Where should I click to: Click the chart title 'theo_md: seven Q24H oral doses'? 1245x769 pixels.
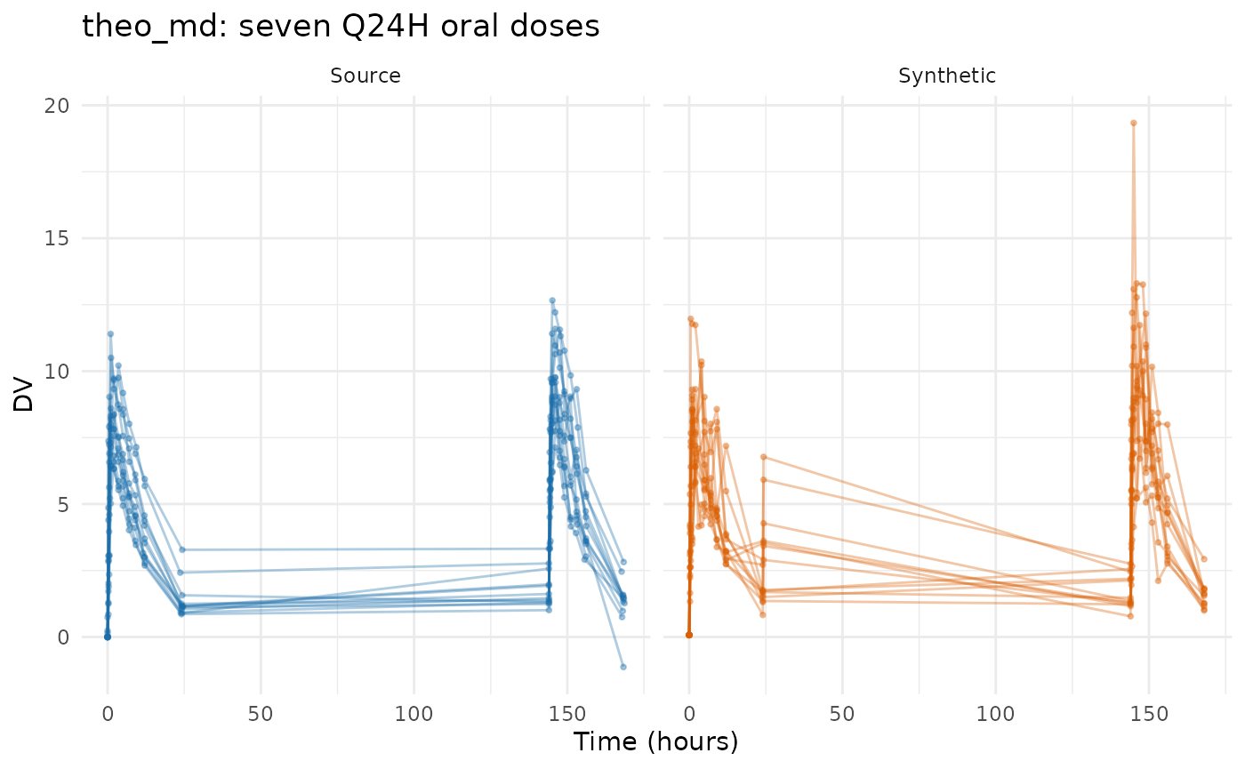click(x=341, y=26)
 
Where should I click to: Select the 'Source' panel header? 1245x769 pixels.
click(x=365, y=76)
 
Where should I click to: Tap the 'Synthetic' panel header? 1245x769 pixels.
click(x=946, y=76)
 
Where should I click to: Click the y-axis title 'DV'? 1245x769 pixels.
click(x=23, y=394)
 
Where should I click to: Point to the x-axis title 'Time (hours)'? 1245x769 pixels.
click(x=656, y=742)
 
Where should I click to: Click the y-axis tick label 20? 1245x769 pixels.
click(x=57, y=106)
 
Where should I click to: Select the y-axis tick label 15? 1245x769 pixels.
click(x=57, y=238)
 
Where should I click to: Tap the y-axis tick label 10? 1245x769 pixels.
click(x=57, y=372)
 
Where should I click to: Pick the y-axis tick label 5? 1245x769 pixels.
click(x=63, y=505)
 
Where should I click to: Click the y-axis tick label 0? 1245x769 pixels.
click(x=63, y=637)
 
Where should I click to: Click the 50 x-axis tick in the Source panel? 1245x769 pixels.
click(x=261, y=714)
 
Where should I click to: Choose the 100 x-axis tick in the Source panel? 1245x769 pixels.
click(x=414, y=714)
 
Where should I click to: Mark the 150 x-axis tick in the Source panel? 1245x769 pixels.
click(x=567, y=714)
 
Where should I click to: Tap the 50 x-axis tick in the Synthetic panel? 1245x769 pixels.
click(x=842, y=714)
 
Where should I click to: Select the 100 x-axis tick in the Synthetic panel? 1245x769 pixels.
click(x=995, y=714)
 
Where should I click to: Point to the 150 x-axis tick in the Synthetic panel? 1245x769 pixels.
click(x=1149, y=714)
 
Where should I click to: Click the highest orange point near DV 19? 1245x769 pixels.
click(x=1133, y=123)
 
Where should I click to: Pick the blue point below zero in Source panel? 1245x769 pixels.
click(x=623, y=667)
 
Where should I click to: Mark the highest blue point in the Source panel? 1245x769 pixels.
click(x=552, y=300)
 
